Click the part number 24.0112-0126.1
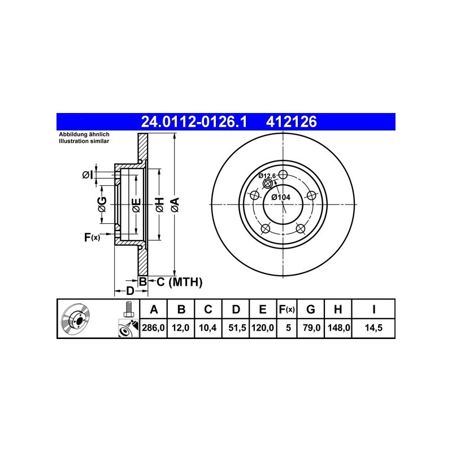[x=194, y=121]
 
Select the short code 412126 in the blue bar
[x=291, y=121]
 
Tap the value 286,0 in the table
[x=153, y=328]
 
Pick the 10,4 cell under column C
[x=207, y=328]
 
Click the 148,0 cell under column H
[x=338, y=328]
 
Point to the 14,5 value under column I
[x=373, y=328]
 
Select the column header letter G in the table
[x=310, y=309]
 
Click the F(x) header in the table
[x=287, y=309]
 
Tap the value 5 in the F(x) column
[x=288, y=328]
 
